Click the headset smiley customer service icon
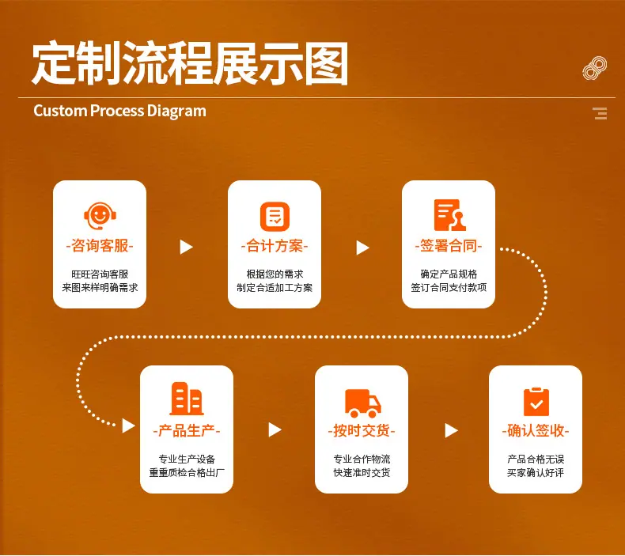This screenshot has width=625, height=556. [x=100, y=216]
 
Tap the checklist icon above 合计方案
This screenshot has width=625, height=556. [x=275, y=217]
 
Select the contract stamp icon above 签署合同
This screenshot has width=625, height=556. [x=449, y=215]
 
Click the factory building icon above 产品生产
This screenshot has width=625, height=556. [x=187, y=399]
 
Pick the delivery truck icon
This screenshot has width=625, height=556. [x=362, y=403]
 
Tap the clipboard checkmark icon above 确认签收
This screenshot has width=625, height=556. [x=536, y=401]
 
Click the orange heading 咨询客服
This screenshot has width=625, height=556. [x=100, y=246]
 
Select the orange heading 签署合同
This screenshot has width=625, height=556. [x=449, y=246]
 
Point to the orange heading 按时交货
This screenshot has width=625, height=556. [x=362, y=431]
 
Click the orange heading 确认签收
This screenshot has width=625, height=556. [x=536, y=431]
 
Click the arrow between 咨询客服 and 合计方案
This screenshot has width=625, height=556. [x=186, y=247]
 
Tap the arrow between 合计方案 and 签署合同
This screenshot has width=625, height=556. [x=362, y=248]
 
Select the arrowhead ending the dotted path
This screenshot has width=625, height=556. [x=128, y=426]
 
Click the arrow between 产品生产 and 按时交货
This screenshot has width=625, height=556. [x=275, y=429]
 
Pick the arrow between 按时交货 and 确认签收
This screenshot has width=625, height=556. [x=451, y=430]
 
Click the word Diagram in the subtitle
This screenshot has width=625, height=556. [x=176, y=112]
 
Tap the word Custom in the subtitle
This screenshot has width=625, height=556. [x=61, y=111]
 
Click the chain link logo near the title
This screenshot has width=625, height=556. [x=594, y=68]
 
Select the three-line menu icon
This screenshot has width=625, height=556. [x=600, y=114]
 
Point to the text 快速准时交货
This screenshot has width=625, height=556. [x=362, y=473]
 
